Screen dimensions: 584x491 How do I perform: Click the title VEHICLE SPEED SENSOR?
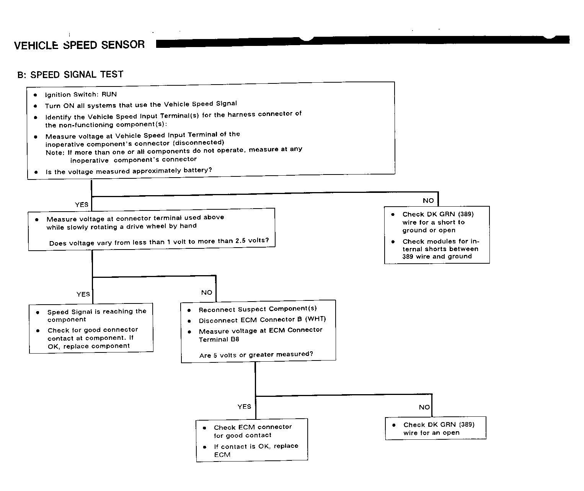[79, 45]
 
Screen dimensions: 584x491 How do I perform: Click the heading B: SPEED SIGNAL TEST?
[70, 75]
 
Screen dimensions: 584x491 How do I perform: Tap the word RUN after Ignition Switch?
[109, 94]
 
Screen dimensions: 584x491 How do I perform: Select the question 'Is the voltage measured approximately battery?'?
[129, 171]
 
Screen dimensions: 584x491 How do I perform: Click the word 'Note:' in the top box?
[55, 153]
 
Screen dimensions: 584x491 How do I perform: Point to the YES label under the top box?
[82, 205]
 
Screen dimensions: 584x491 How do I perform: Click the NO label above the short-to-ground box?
[428, 201]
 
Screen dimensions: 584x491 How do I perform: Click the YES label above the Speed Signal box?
[83, 294]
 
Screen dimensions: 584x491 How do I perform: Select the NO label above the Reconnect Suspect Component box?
[207, 293]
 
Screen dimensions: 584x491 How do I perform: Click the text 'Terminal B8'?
[219, 339]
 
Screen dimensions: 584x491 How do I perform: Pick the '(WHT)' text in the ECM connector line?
[315, 319]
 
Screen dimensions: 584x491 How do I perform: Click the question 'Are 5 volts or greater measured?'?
[256, 355]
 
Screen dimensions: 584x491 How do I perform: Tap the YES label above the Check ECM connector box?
[245, 407]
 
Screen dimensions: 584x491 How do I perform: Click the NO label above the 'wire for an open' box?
[424, 407]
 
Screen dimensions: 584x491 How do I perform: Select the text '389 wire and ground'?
[437, 256]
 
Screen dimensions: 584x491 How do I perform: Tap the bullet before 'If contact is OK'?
[205, 447]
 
